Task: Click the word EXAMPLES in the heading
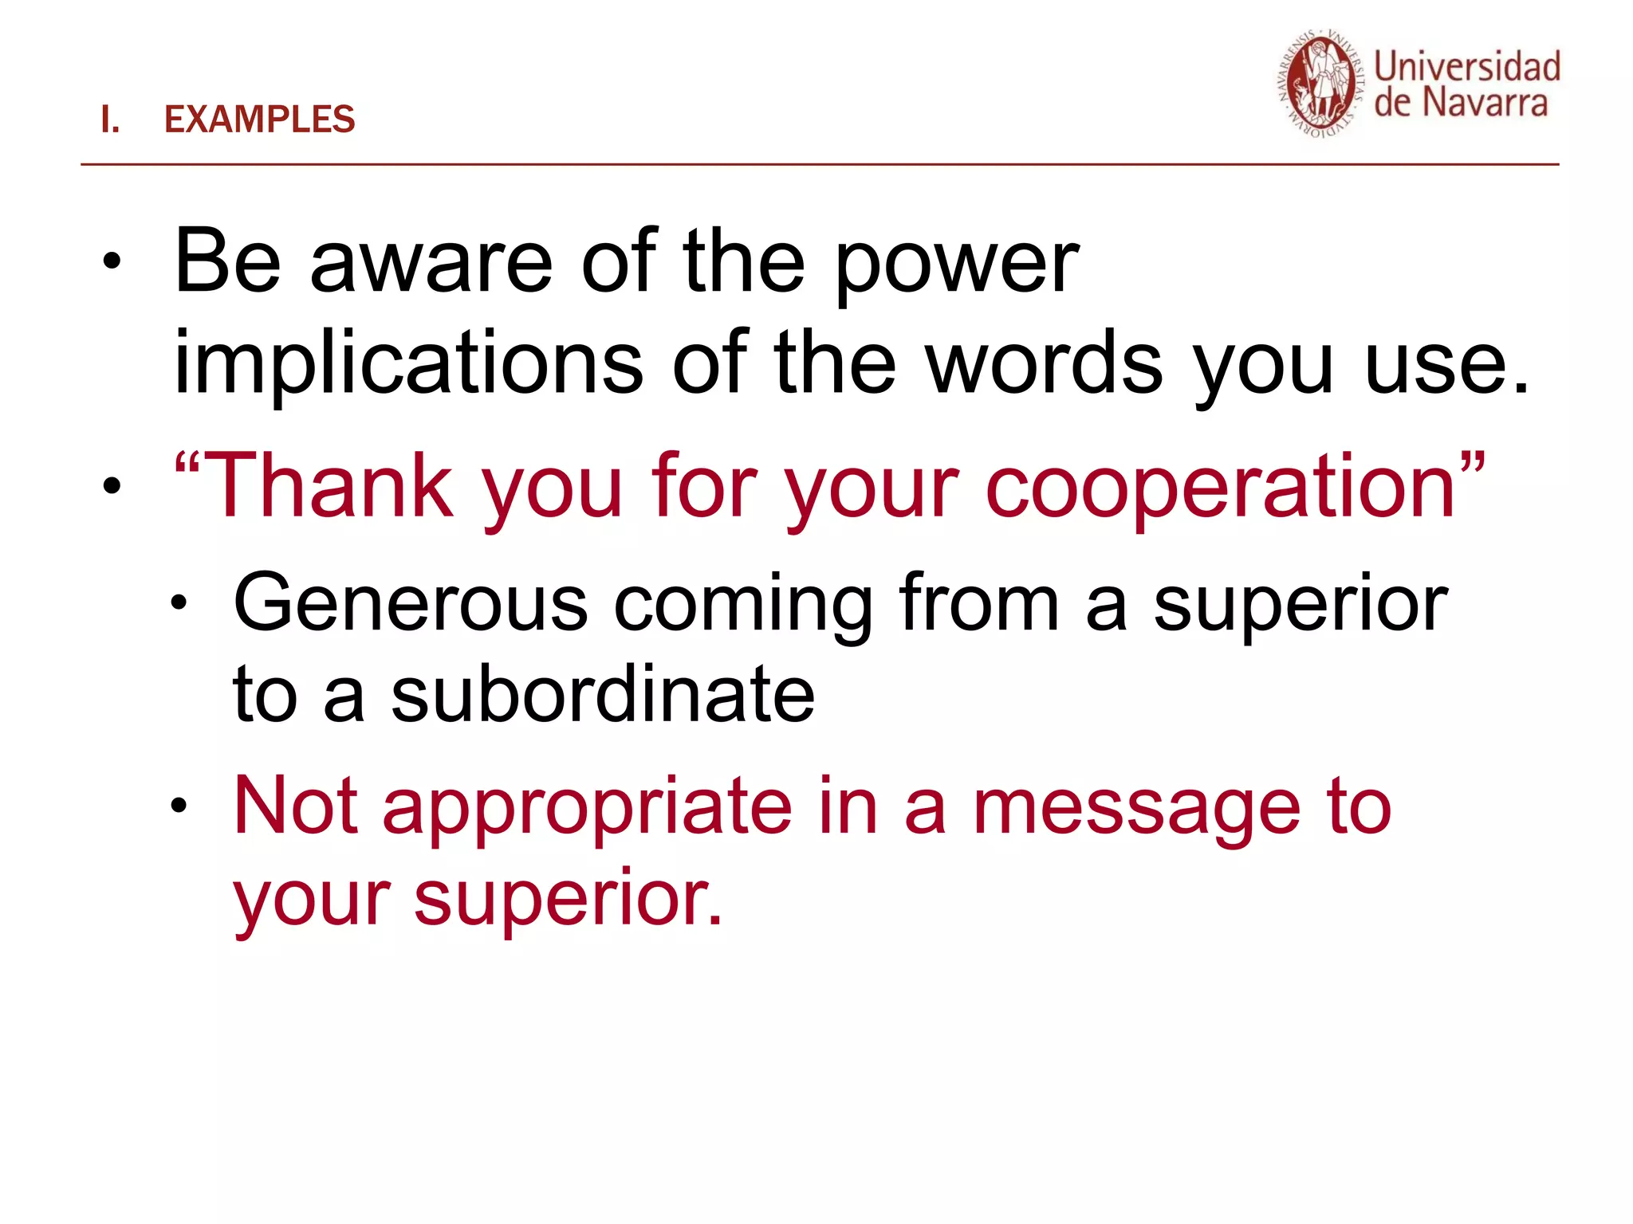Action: tap(259, 120)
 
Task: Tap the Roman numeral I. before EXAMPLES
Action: tap(110, 120)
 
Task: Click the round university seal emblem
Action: tap(1320, 84)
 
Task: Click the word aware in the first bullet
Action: tap(431, 263)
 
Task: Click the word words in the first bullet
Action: tap(1045, 363)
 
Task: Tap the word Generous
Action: tap(411, 604)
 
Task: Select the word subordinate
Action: tap(603, 695)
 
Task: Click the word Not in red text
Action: tap(295, 806)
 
